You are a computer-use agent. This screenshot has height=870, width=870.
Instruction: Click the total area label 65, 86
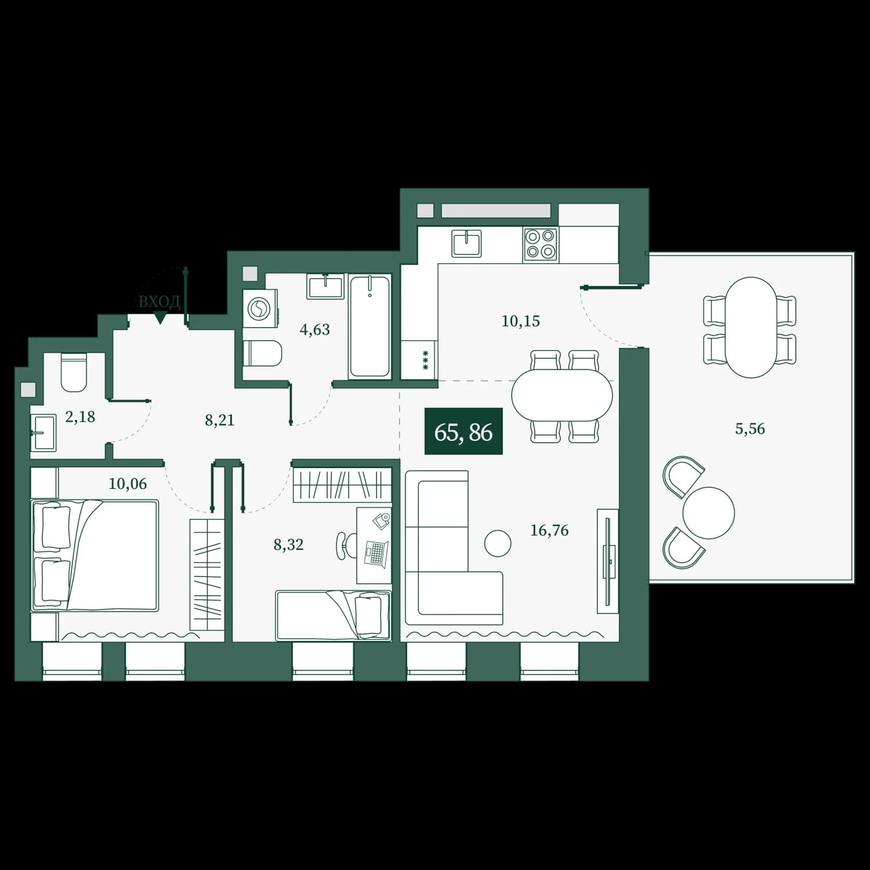tap(463, 432)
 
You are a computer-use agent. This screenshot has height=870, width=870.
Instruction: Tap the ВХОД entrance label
tap(159, 302)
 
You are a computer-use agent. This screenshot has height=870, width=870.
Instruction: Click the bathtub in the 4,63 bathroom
tap(370, 327)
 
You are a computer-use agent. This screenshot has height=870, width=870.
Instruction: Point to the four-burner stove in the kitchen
tap(541, 244)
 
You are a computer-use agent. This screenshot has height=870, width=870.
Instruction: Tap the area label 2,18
tap(80, 416)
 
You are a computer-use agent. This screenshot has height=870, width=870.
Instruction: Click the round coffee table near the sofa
tap(498, 543)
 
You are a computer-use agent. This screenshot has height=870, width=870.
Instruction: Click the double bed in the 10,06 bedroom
tap(95, 556)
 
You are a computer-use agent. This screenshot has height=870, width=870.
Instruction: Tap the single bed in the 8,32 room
tap(333, 615)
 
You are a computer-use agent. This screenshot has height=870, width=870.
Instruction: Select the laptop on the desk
tap(375, 554)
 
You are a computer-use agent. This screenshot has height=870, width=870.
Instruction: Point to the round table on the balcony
tap(708, 513)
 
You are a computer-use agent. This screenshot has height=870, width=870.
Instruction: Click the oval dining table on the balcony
tap(750, 327)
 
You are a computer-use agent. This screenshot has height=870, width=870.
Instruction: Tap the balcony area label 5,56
tap(750, 429)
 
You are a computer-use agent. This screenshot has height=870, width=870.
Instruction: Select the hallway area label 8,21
tap(219, 420)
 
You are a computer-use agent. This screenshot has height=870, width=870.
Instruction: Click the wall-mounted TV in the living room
tap(608, 561)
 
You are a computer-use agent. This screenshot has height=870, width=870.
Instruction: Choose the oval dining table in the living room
tap(562, 396)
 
